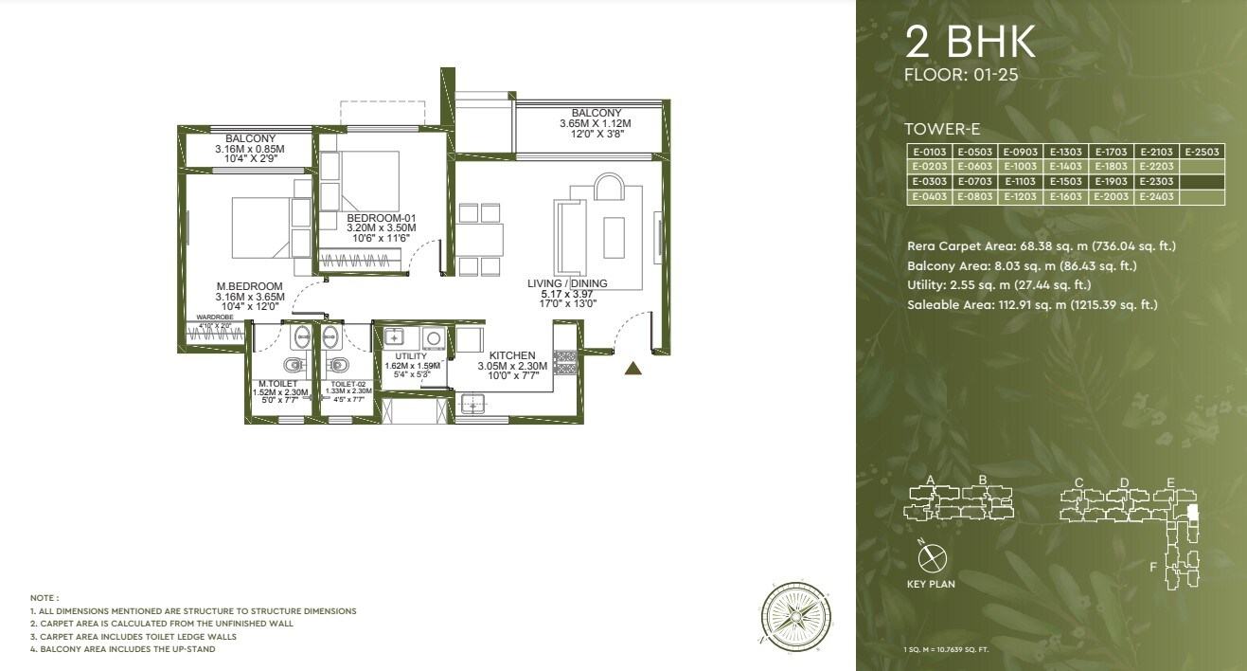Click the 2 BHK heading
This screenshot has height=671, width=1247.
971,43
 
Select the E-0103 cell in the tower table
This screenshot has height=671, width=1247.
928,152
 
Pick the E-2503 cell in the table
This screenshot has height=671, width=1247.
1202,152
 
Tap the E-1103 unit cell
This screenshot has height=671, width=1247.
1020,182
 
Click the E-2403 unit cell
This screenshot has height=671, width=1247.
1157,197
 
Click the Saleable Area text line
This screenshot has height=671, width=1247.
1032,305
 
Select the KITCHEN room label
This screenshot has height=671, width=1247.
512,355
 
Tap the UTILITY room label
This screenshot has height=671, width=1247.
411,356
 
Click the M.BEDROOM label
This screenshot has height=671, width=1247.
250,286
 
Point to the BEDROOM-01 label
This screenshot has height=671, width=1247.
382,218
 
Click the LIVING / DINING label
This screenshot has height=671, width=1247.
567,283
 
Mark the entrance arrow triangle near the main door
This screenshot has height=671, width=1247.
634,369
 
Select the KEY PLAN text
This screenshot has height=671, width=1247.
930,585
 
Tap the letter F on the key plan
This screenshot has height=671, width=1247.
1152,567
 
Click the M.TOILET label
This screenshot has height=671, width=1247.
277,383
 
